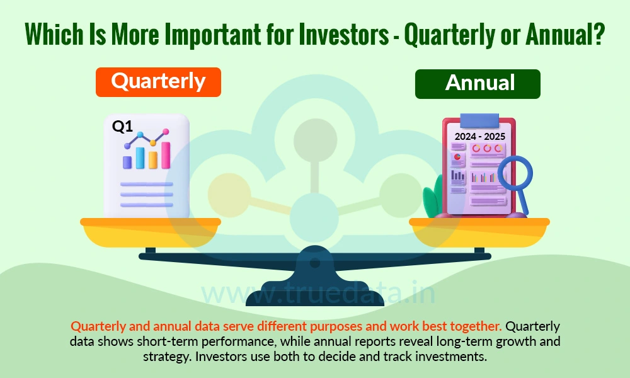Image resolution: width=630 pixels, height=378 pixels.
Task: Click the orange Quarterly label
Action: click(158, 82)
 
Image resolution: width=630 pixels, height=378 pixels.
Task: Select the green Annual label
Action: click(477, 84)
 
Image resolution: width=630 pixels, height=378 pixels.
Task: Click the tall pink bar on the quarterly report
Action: click(166, 155)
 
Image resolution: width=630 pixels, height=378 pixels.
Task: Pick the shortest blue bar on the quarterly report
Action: click(127, 162)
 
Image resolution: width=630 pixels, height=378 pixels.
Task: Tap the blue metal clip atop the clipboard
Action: click(479, 120)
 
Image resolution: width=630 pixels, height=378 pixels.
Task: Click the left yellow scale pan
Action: click(151, 232)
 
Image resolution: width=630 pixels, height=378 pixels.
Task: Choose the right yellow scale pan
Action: click(479, 232)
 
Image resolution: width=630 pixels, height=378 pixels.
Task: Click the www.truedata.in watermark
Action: click(314, 292)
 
